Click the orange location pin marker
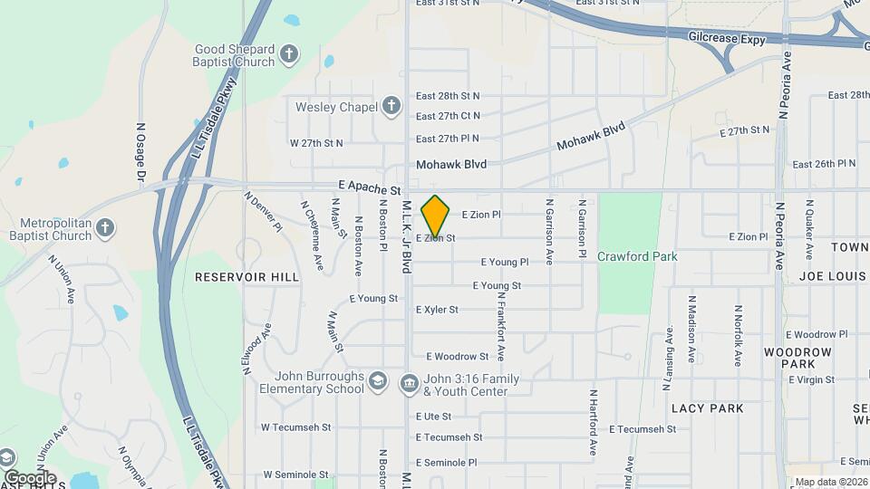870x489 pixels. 436,215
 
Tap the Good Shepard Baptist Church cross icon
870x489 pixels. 289,53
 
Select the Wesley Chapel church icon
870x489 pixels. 391,107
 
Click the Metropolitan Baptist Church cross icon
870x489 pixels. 105,226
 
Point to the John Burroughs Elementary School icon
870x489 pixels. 377,382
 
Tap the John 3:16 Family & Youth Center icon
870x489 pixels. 409,384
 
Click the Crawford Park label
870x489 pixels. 637,256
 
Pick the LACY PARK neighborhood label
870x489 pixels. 707,408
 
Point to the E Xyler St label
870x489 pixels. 437,310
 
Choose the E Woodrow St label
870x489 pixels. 457,357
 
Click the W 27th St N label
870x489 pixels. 316,143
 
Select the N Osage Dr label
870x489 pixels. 140,152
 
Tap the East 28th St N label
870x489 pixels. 448,95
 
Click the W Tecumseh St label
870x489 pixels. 296,427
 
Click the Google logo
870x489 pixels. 31,478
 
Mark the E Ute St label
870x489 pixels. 433,417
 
